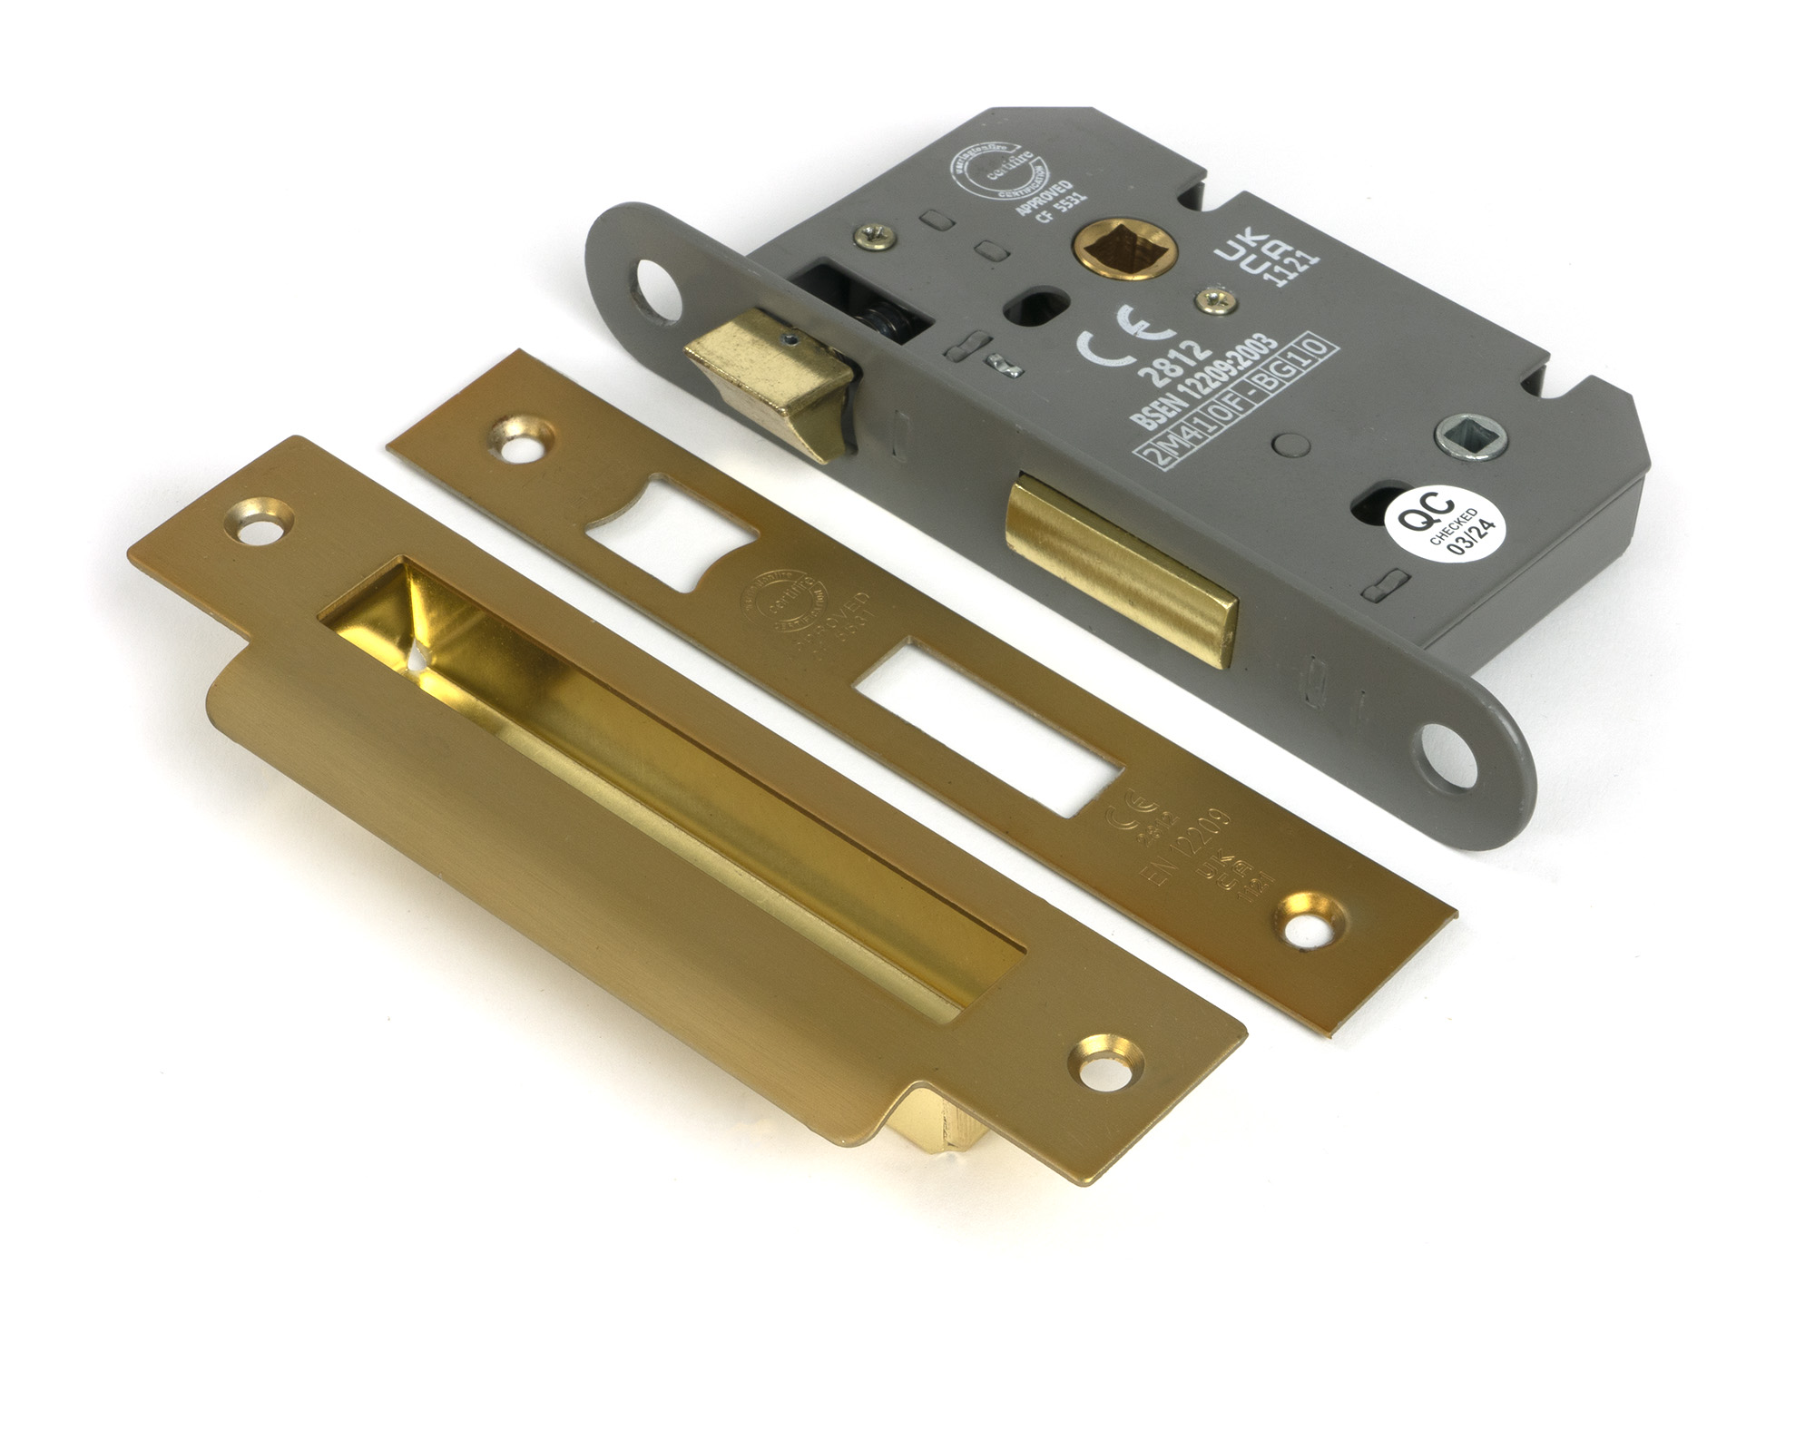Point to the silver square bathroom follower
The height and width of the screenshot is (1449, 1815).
point(1471,436)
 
